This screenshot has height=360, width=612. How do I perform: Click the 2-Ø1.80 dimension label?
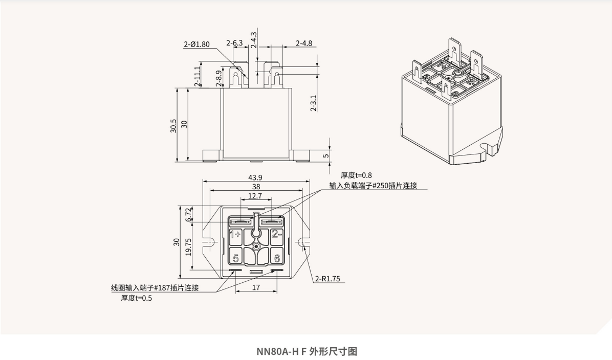pos(196,44)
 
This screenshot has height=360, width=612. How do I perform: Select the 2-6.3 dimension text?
pos(234,43)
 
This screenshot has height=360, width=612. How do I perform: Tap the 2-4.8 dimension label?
pos(303,43)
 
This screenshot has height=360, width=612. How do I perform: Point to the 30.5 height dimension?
pos(173,126)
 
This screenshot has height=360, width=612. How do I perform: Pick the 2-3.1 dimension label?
pos(313,103)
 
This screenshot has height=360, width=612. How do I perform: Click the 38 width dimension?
pos(255,187)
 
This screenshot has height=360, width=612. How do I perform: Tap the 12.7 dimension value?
pos(255,196)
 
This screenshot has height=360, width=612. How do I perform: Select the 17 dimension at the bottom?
pos(256,287)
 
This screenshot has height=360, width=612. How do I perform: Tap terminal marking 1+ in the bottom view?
pos(235,235)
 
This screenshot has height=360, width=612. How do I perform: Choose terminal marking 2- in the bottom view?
pos(276,234)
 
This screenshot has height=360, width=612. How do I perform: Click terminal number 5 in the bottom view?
pos(235,258)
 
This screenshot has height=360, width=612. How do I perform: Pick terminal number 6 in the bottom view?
pos(276,258)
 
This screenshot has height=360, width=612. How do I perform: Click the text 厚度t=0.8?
pos(356,175)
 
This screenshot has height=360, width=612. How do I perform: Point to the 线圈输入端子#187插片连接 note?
pos(155,287)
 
